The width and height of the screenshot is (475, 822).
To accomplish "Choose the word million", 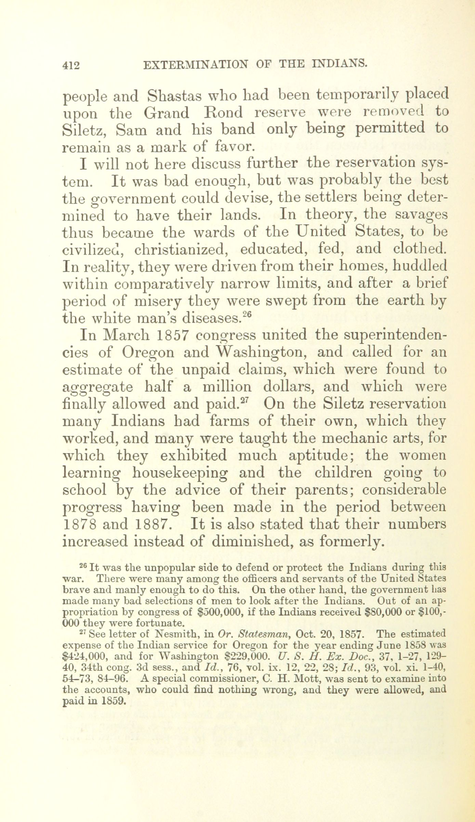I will (x=227, y=387).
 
